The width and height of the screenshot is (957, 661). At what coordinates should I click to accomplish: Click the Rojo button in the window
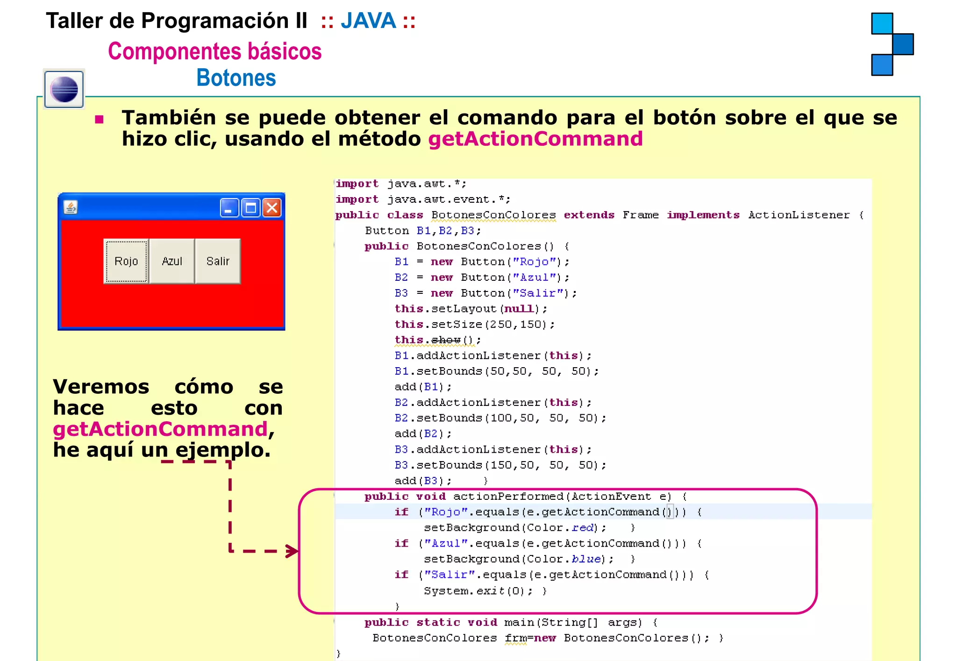coord(126,261)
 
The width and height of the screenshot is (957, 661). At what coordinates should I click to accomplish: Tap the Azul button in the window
coord(172,261)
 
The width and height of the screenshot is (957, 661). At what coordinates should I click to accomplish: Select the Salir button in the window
coord(218,261)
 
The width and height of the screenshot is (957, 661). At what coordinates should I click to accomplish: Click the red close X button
coord(272,207)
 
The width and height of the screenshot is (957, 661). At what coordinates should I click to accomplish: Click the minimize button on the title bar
coord(229,207)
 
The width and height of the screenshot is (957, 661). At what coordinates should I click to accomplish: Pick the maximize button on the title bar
coord(251,207)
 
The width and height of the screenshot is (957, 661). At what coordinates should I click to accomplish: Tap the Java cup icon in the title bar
coord(71,206)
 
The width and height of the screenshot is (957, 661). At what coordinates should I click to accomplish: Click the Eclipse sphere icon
coord(64,89)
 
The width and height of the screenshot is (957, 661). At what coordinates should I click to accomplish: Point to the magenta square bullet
coord(99,120)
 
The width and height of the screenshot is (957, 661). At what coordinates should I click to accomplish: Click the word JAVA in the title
coord(368,21)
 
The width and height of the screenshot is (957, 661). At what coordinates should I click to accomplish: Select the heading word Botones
coord(236,78)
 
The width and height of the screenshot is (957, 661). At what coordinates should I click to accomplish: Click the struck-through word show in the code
coord(446,340)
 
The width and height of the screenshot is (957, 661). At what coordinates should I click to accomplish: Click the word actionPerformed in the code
coord(509,497)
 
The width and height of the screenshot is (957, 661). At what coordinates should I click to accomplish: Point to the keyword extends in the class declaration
coord(589,215)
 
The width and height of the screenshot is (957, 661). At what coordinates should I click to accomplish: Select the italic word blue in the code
coord(586,559)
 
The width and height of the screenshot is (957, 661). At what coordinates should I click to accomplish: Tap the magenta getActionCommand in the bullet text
coord(536,139)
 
